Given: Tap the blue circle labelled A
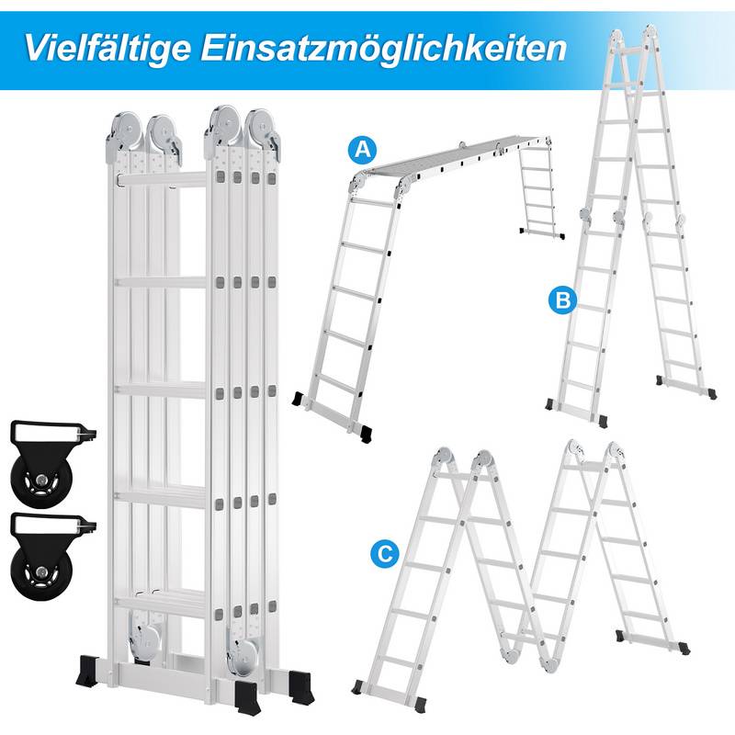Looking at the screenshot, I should (364, 149).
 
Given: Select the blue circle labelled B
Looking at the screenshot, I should (562, 299).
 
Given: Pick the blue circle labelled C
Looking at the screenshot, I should (386, 553).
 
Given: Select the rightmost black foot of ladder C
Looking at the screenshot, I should (680, 647).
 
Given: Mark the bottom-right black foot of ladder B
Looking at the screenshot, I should (707, 392).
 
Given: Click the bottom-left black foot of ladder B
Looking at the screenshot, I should (552, 404).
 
